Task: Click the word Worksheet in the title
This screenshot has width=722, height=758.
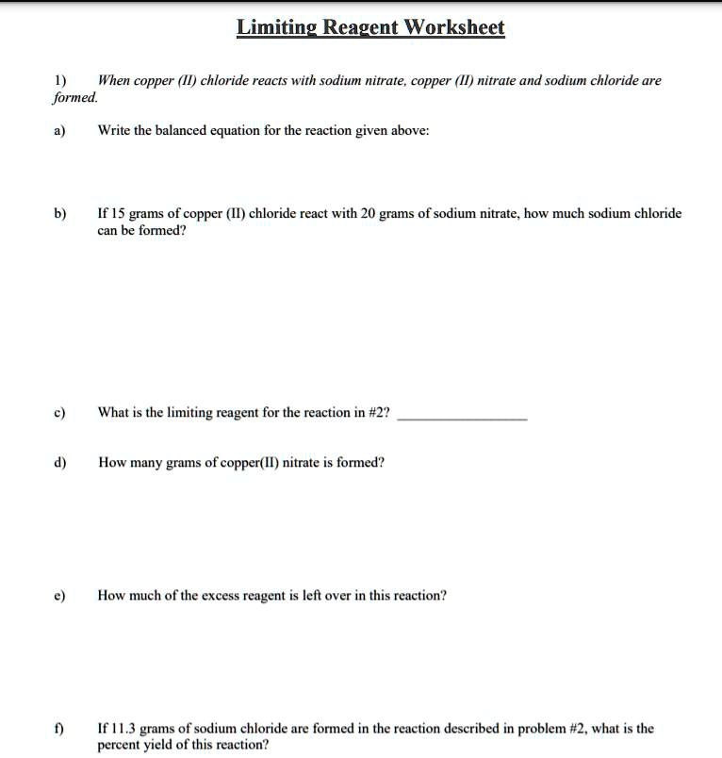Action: click(454, 27)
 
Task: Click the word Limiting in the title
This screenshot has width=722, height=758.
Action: click(276, 28)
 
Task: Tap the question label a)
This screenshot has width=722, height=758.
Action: click(59, 131)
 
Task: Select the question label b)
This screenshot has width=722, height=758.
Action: click(59, 214)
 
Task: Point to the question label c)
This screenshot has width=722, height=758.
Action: click(59, 412)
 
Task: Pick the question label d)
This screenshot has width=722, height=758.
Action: click(59, 463)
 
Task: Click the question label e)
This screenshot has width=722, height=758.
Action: click(59, 596)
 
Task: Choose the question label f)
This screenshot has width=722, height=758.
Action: click(58, 729)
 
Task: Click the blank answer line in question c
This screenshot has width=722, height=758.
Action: click(462, 418)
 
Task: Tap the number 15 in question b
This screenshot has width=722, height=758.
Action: click(118, 214)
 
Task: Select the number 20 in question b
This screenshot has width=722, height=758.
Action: click(369, 214)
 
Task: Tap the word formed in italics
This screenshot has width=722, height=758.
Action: click(76, 97)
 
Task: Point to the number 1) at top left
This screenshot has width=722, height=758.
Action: click(58, 81)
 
